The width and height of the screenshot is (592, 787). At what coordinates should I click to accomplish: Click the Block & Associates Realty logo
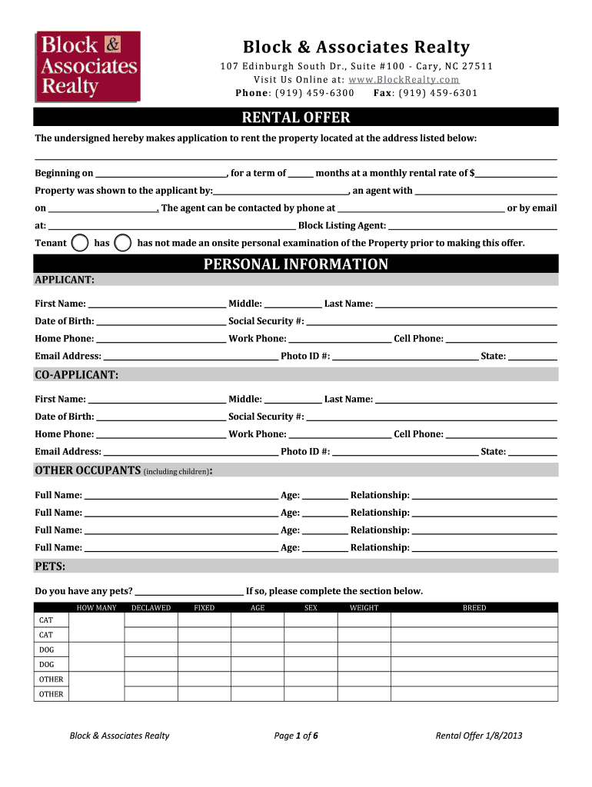(x=88, y=66)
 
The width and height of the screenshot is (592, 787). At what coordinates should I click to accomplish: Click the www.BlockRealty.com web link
(x=404, y=79)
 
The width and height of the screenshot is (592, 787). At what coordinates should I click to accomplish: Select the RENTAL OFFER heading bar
(x=296, y=118)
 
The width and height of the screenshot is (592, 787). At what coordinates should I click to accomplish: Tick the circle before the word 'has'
(x=79, y=243)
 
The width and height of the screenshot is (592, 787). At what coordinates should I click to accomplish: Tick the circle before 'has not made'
(x=122, y=243)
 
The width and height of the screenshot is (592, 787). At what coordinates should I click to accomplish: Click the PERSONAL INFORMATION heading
(x=296, y=264)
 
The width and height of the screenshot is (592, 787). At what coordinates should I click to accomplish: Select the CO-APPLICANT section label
(x=76, y=374)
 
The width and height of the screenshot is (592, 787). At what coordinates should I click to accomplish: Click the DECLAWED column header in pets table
(x=151, y=608)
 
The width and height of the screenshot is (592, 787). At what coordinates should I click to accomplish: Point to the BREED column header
(x=474, y=608)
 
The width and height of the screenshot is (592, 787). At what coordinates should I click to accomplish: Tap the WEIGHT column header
(x=364, y=608)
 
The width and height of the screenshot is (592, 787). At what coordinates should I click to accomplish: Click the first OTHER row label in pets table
(x=52, y=679)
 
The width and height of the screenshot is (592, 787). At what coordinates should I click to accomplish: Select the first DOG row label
(x=47, y=649)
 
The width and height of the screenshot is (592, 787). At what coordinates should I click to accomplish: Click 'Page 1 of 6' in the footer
(x=296, y=736)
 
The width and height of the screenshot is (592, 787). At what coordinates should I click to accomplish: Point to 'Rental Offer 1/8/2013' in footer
(x=479, y=736)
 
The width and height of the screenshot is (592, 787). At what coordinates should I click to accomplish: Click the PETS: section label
(x=50, y=566)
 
